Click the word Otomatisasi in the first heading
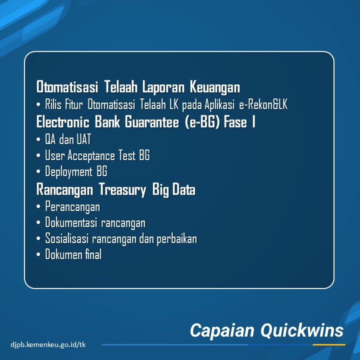pyautogui.click(x=67, y=87)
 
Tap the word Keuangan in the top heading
pyautogui.click(x=215, y=87)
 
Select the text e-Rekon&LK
pyautogui.click(x=263, y=104)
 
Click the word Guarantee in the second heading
pyautogui.click(x=152, y=121)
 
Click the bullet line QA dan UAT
pyautogui.click(x=68, y=139)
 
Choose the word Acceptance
pyautogui.click(x=91, y=155)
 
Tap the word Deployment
pyautogui.click(x=68, y=171)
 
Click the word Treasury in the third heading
pyautogui.click(x=122, y=190)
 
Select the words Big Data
pyautogui.click(x=174, y=190)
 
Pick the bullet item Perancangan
pyautogui.click(x=72, y=206)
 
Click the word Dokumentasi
pyautogui.click(x=71, y=222)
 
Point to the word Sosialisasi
pyautogui.click(x=67, y=238)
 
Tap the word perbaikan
pyautogui.click(x=177, y=239)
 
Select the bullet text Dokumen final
pyautogui.click(x=73, y=254)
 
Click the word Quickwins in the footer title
pyautogui.click(x=302, y=330)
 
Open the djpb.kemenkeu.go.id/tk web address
pyautogui.click(x=48, y=344)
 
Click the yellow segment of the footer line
pyautogui.click(x=329, y=344)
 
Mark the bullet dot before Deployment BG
pyautogui.click(x=38, y=171)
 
